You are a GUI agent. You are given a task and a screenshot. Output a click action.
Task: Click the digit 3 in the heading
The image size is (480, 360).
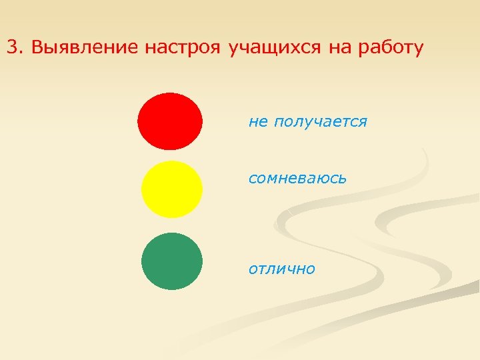click(12, 48)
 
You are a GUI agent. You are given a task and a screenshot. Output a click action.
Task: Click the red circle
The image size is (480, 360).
click(170, 121)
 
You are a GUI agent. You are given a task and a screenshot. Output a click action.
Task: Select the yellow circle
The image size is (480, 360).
click(172, 189)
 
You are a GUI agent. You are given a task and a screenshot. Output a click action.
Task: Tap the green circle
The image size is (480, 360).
click(172, 261)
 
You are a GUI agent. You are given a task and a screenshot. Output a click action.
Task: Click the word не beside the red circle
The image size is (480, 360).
click(257, 122)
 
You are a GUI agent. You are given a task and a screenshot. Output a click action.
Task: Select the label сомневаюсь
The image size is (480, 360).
click(297, 179)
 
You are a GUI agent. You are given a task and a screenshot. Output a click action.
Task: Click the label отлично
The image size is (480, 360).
click(282, 269)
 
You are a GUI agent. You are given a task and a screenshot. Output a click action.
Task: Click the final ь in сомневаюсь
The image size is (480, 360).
click(343, 179)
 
